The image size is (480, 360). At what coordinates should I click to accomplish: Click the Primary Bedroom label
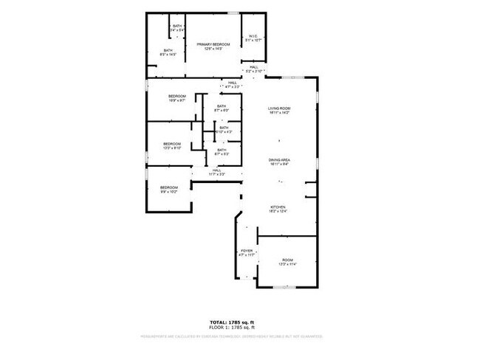(x=213, y=46)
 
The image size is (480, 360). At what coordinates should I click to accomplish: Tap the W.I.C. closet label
(x=253, y=38)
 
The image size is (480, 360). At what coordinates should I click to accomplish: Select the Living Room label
(x=279, y=111)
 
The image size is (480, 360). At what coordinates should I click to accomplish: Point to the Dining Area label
(x=279, y=162)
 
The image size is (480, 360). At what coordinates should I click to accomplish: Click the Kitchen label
(x=278, y=209)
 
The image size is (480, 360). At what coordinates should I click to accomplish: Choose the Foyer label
(x=247, y=253)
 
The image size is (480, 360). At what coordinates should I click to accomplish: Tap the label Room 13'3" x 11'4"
(x=287, y=262)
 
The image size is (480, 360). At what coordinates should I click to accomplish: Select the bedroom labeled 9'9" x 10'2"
(x=169, y=190)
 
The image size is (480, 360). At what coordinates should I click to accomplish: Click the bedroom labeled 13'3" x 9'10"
(x=172, y=145)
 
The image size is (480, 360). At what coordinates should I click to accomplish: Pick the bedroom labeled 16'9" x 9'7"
(x=176, y=100)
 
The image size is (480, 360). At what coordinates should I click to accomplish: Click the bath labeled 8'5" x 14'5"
(x=168, y=52)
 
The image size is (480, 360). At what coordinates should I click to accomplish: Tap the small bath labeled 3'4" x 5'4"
(x=177, y=28)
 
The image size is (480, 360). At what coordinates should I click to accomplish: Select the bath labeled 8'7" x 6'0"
(x=222, y=108)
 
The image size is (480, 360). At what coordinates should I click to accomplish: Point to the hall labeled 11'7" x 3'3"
(x=216, y=173)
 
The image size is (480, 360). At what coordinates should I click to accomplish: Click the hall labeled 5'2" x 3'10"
(x=253, y=69)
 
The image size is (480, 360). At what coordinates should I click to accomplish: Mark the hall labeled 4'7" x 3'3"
(x=232, y=84)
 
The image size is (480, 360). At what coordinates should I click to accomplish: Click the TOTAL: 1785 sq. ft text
(x=232, y=322)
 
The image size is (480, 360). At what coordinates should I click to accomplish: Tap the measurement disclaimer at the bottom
(x=232, y=336)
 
